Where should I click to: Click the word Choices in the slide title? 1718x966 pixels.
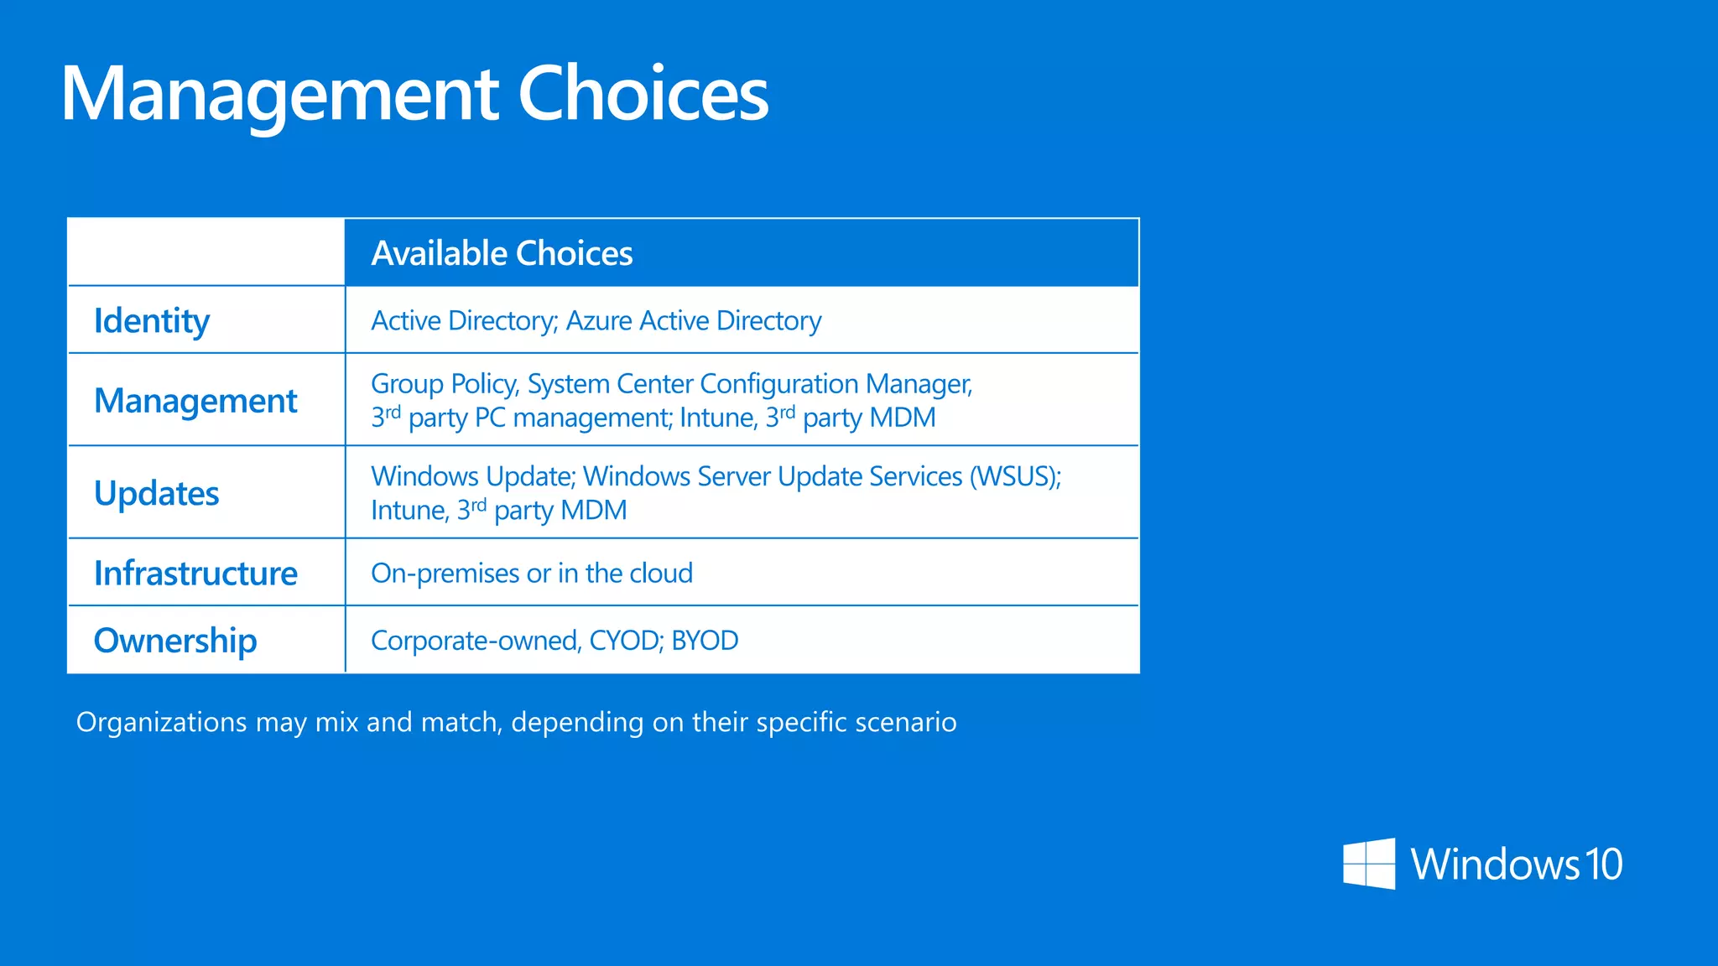(x=643, y=94)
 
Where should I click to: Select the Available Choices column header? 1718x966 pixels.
(x=502, y=253)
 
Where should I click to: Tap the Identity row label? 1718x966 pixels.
(x=152, y=321)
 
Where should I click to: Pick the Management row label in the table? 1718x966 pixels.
(x=195, y=401)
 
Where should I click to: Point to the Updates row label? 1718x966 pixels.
(x=157, y=493)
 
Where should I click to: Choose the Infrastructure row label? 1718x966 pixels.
(x=195, y=574)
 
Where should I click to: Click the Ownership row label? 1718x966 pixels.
(x=175, y=641)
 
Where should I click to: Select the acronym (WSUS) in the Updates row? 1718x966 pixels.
(x=1015, y=476)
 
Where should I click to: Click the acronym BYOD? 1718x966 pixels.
(x=705, y=641)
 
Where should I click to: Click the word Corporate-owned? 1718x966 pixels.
(x=475, y=641)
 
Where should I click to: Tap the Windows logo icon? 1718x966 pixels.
(x=1369, y=864)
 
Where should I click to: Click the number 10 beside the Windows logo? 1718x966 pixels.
(x=1602, y=865)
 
